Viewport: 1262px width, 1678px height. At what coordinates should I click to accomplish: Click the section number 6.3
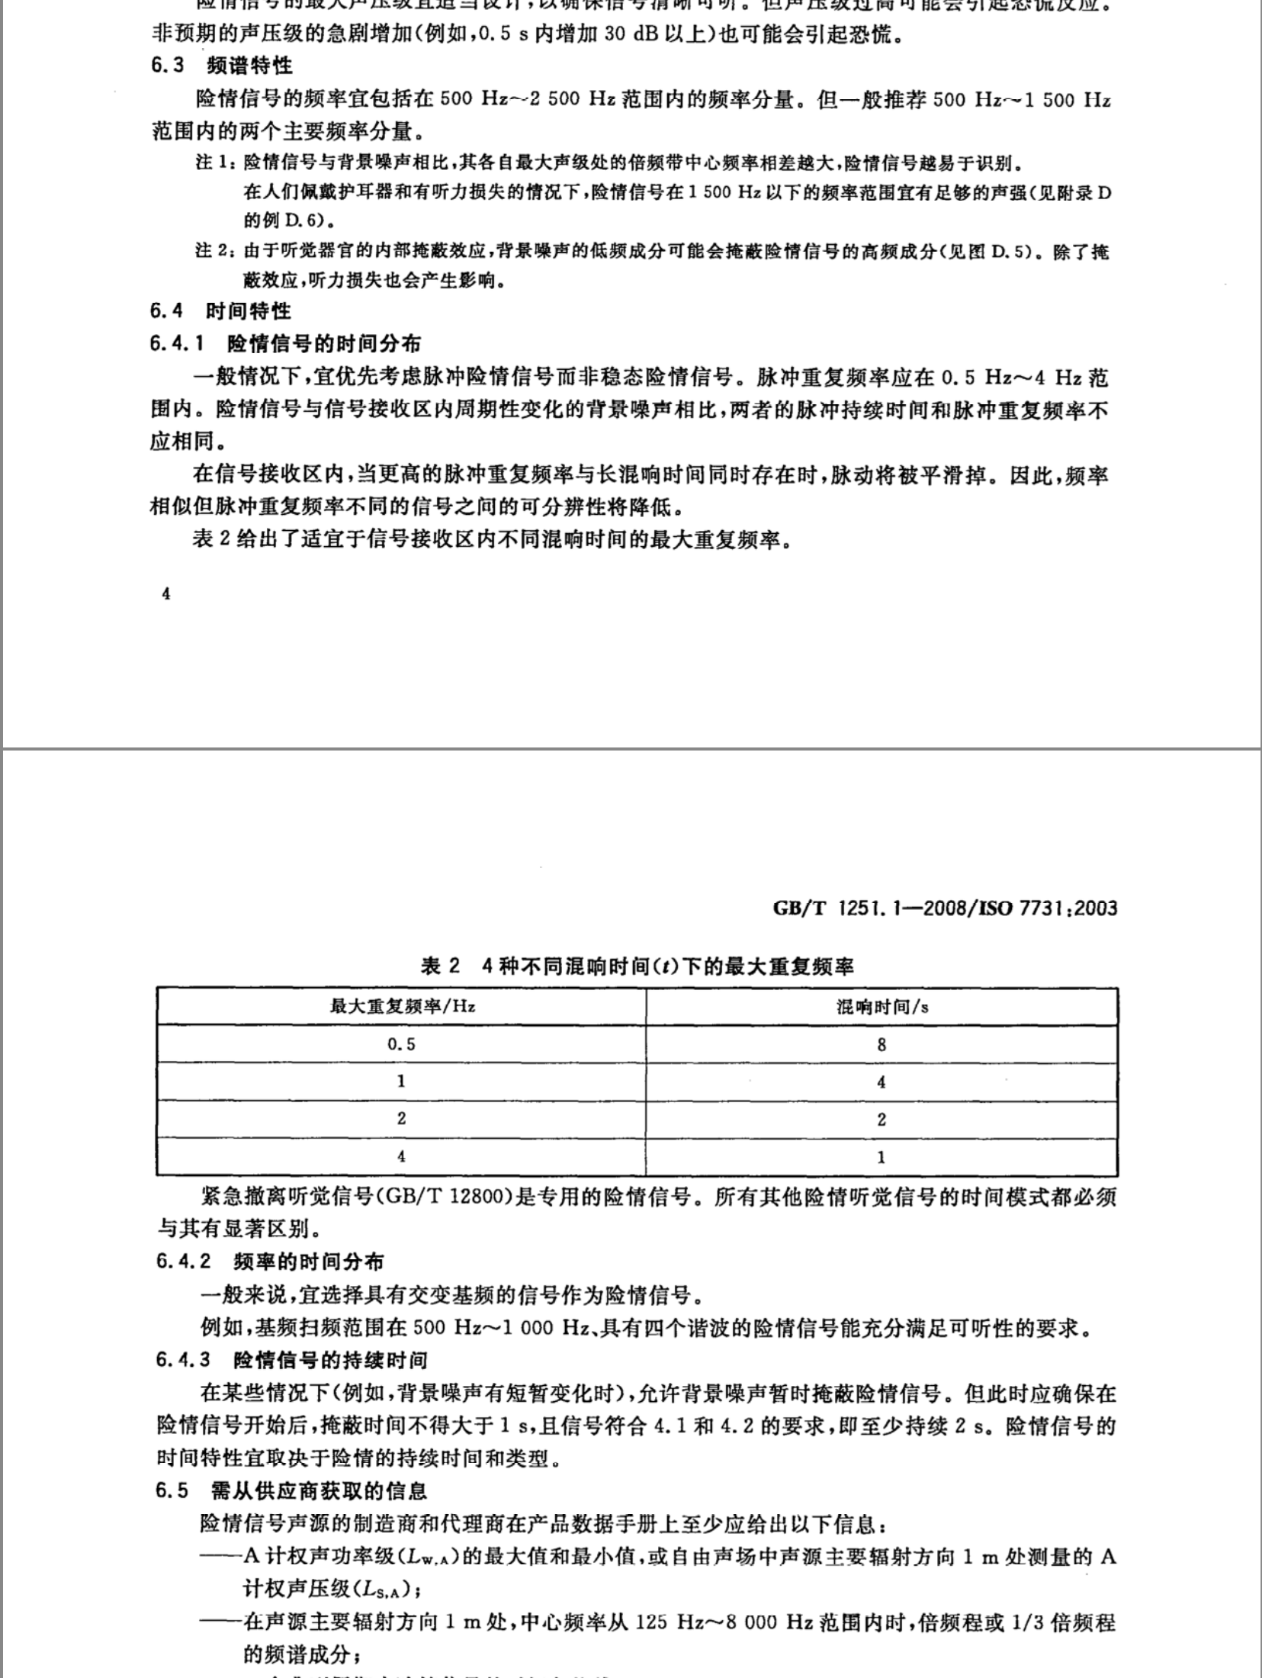[x=167, y=66]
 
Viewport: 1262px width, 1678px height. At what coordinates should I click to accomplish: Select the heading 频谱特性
[x=249, y=66]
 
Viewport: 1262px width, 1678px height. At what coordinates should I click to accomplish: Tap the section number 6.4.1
[x=177, y=344]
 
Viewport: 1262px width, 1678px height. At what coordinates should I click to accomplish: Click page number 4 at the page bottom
[x=166, y=595]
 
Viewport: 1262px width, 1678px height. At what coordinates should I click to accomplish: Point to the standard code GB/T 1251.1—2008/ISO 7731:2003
[x=945, y=908]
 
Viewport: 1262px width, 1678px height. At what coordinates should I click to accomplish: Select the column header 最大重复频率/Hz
[x=402, y=1006]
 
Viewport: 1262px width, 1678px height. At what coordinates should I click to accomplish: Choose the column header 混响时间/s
[x=882, y=1007]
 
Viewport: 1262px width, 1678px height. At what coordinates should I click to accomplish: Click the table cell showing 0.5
[x=402, y=1044]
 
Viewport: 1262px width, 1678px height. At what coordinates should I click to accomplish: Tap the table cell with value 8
[x=882, y=1044]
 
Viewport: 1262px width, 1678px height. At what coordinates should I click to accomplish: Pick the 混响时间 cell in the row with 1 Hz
[x=882, y=1082]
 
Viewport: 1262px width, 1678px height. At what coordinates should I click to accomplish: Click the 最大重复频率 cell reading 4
[x=402, y=1156]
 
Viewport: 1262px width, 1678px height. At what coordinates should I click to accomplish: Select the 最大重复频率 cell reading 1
[x=402, y=1082]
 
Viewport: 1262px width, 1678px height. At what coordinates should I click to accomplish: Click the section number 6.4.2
[x=183, y=1261]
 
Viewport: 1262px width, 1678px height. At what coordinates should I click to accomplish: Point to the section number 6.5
[x=172, y=1491]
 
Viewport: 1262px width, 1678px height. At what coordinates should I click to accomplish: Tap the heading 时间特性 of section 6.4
[x=249, y=311]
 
